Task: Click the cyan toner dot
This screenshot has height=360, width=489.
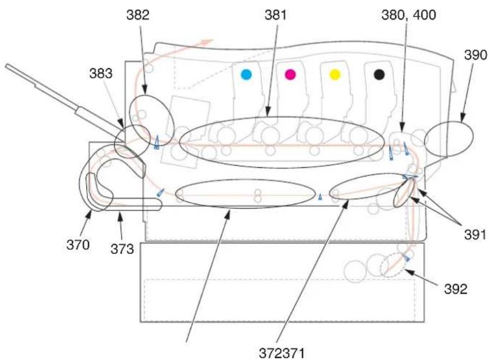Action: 246,75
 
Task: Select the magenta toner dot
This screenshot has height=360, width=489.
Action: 290,75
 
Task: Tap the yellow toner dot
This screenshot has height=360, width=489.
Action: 335,75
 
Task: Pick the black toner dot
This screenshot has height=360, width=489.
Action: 379,75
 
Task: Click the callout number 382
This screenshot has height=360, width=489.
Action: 138,15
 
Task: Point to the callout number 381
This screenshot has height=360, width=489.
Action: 276,15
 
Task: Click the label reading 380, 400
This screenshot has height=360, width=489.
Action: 409,15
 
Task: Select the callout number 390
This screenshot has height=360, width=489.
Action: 475,55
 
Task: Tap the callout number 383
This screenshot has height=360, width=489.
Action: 101,74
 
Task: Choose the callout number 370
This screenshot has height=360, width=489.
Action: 78,245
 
